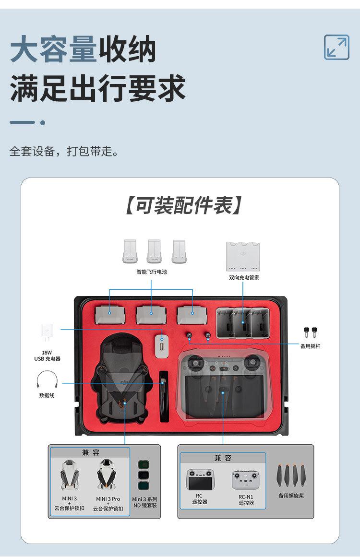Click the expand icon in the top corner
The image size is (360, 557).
(336, 47)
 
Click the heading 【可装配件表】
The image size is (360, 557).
(183, 205)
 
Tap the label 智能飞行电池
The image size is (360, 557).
(152, 272)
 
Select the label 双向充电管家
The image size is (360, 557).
(244, 277)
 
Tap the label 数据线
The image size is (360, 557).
(47, 395)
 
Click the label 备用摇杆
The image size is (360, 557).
(310, 346)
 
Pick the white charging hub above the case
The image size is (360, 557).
(244, 256)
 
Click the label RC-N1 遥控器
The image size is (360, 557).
(246, 500)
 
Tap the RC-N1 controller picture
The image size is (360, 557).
(246, 480)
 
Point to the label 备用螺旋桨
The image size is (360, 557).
(291, 495)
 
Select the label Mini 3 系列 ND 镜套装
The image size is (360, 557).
(144, 502)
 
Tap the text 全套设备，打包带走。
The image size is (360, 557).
(64, 152)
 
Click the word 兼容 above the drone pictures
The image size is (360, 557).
(90, 452)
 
